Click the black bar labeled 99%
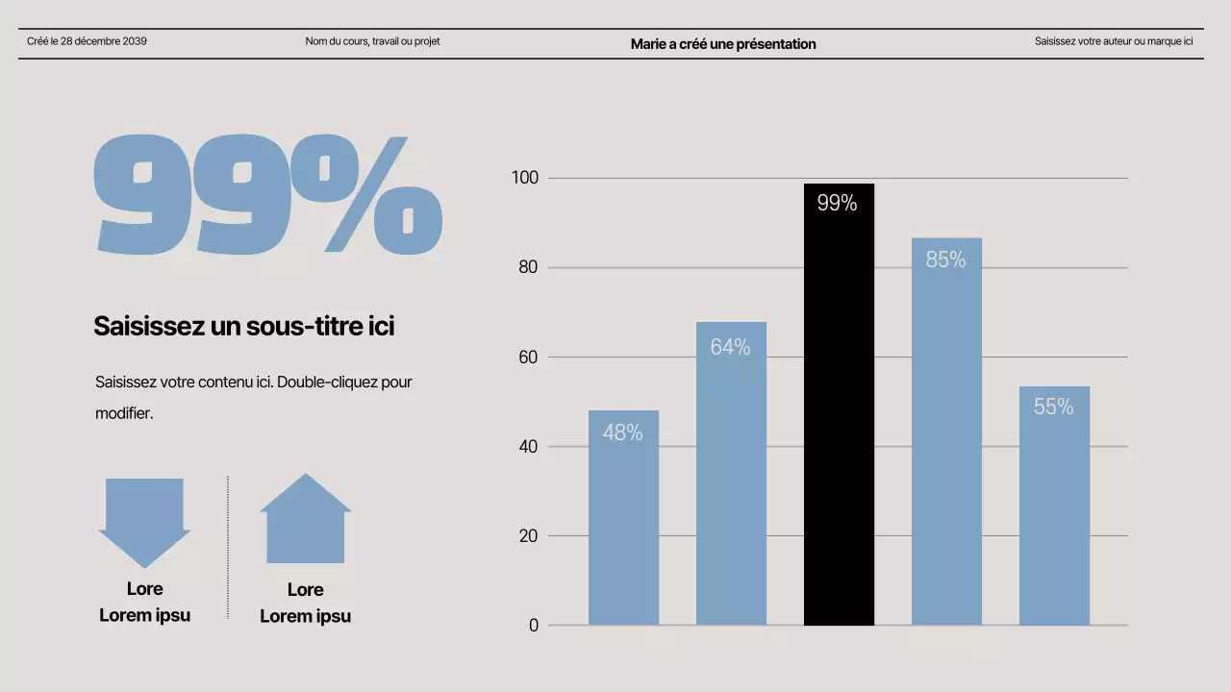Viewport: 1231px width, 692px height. pyautogui.click(x=839, y=404)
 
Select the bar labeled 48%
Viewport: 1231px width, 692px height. pyautogui.click(x=623, y=519)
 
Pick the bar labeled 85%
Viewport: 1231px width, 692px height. pyautogui.click(x=946, y=432)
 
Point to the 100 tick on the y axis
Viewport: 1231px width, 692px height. pyautogui.click(x=528, y=178)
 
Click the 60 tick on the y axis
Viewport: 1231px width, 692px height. pyautogui.click(x=528, y=358)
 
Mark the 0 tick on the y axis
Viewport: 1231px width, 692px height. pyautogui.click(x=534, y=626)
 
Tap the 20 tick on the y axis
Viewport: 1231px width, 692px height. pyautogui.click(x=528, y=536)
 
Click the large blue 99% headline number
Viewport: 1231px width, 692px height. pyautogui.click(x=267, y=195)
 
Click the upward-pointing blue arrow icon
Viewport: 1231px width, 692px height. pyautogui.click(x=305, y=520)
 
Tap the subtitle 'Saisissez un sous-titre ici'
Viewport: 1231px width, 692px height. pyautogui.click(x=243, y=327)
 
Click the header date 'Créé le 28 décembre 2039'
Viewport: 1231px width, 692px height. pyautogui.click(x=87, y=41)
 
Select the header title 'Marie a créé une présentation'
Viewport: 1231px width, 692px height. pyautogui.click(x=723, y=44)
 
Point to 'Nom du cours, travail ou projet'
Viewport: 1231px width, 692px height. pyautogui.click(x=372, y=41)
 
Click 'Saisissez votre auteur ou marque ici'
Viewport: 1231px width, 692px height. pyautogui.click(x=1114, y=41)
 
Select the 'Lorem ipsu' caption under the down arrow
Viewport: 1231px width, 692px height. pyautogui.click(x=144, y=615)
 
